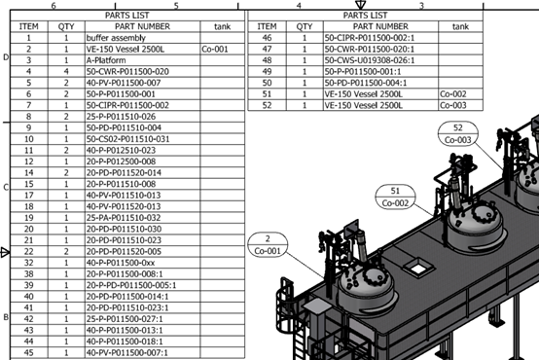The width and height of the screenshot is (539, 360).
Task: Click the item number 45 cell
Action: coord(29,352)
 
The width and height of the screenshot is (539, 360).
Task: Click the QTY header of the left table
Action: coord(65,26)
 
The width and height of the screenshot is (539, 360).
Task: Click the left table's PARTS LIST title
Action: coord(126,16)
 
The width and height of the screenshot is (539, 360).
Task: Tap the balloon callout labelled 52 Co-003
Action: coord(457,133)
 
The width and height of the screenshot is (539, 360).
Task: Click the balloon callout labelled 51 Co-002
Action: coord(395,197)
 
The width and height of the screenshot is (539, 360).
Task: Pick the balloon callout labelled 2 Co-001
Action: coord(267,244)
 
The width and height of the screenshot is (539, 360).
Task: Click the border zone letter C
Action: coord(6,187)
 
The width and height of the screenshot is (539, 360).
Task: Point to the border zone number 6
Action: coord(66,6)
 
